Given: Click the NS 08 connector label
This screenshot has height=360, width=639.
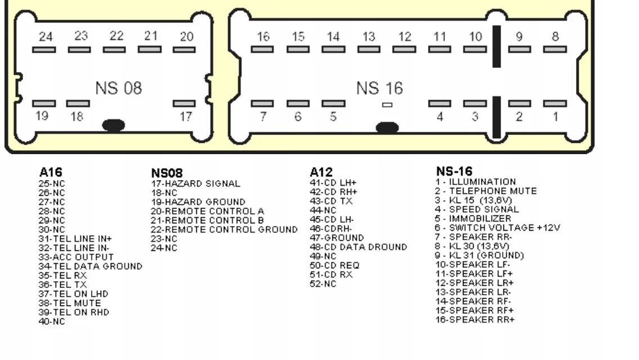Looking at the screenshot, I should coord(118,88).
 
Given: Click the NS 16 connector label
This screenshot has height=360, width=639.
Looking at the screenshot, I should coord(379,88).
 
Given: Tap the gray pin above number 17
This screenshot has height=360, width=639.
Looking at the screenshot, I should coord(184,103).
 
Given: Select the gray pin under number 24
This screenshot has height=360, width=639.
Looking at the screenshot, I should coord(44,49).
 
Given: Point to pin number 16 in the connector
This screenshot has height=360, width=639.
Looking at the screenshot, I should coord(263,37).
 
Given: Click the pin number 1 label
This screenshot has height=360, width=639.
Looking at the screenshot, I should coord(555,116).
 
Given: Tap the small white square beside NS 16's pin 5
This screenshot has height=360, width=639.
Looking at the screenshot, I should coord(387,104).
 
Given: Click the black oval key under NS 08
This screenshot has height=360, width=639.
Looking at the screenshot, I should coord(114,125).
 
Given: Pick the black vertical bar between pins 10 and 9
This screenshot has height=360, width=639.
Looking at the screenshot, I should coord(496,46).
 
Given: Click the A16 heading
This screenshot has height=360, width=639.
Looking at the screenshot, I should coord(50,172).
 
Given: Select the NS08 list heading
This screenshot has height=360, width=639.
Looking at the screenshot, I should coord(166,173).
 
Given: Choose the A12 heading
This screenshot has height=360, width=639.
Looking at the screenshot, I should coord(321,172).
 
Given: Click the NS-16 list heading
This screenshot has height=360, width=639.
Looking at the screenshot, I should coord(454,171).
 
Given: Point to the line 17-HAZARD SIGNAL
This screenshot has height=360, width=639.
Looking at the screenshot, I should coord(195,183).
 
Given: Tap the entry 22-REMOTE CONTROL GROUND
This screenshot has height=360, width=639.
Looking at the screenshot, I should coord(224,229).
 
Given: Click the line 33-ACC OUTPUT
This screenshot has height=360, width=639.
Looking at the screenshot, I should coord(75,257).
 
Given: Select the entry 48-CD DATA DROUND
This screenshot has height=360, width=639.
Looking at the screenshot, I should coord(358,247).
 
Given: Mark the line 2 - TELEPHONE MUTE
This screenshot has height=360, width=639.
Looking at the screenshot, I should coord(485,191).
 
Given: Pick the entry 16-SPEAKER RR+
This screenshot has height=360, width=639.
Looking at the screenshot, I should coord(475,319).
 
